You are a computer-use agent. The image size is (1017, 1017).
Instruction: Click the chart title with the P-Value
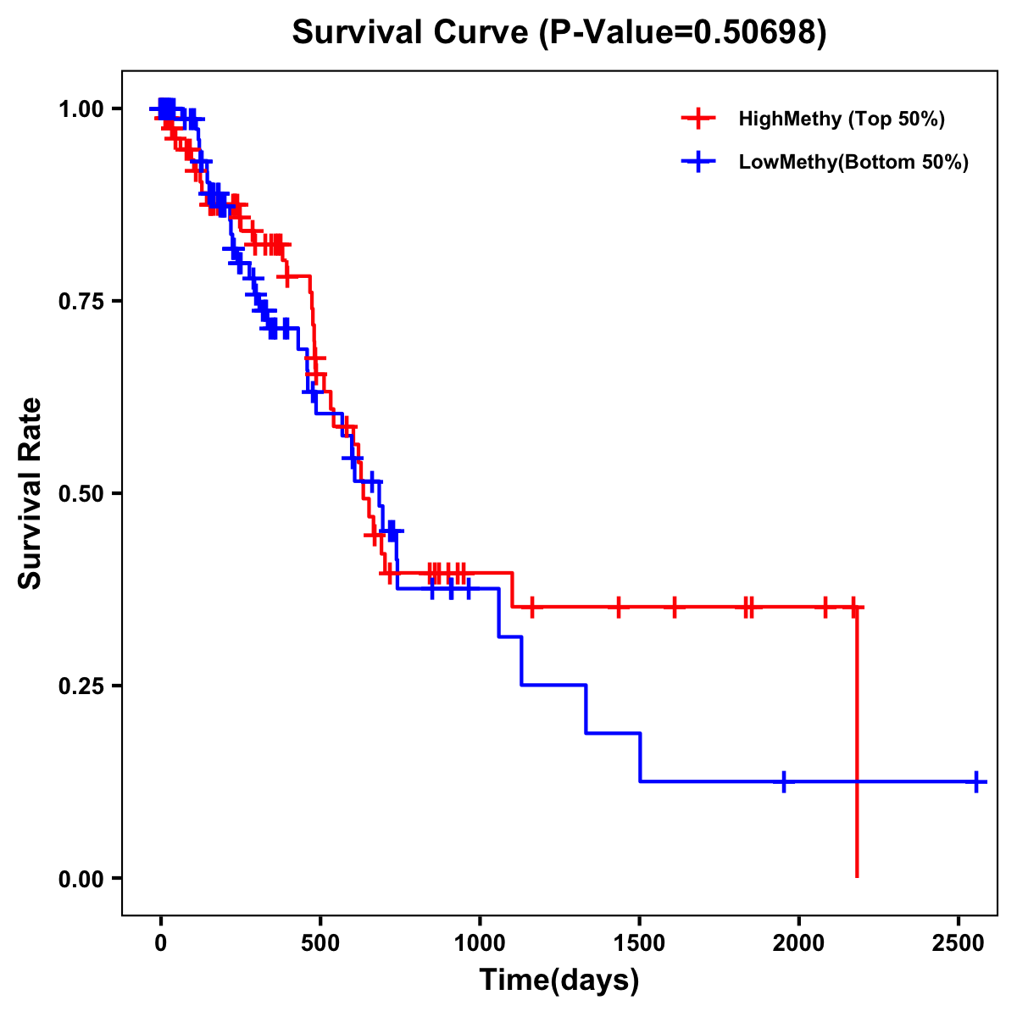pyautogui.click(x=559, y=33)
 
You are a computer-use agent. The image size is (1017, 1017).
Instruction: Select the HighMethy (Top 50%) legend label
pyautogui.click(x=842, y=119)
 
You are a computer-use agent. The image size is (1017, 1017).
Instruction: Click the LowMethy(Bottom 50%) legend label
pyautogui.click(x=853, y=162)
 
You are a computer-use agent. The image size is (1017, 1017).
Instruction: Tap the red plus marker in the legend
pyautogui.click(x=698, y=119)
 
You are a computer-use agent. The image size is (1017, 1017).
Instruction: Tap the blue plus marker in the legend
pyautogui.click(x=698, y=162)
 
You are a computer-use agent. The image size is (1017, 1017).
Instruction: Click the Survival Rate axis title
pyautogui.click(x=31, y=493)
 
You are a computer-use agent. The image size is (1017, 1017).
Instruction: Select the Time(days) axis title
pyautogui.click(x=559, y=981)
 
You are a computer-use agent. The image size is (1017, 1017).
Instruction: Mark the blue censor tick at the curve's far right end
pyautogui.click(x=976, y=781)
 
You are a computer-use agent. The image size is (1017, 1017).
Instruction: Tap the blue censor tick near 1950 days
pyautogui.click(x=784, y=781)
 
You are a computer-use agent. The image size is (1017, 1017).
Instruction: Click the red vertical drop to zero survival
pyautogui.click(x=857, y=746)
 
